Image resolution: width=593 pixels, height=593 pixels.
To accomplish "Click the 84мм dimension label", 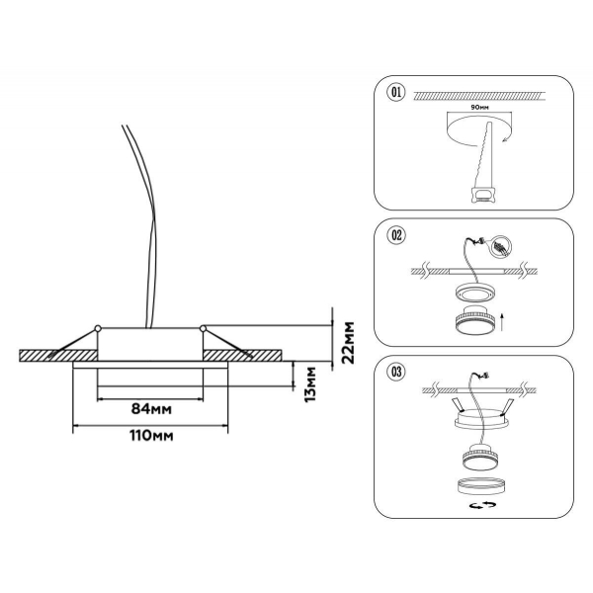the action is click(151, 409).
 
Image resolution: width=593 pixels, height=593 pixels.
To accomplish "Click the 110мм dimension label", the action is click(151, 436).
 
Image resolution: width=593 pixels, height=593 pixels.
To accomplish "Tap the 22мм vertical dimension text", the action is click(348, 343).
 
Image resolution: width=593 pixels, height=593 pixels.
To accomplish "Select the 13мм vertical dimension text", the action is click(310, 384).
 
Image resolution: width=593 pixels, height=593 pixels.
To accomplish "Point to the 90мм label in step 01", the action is click(479, 108).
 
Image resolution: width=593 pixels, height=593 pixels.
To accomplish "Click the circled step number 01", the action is click(396, 92).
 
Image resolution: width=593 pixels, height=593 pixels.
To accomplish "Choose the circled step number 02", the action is click(396, 235).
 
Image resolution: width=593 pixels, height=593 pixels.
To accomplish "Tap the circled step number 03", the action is click(396, 372).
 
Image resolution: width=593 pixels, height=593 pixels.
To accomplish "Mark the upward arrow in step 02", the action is click(502, 321).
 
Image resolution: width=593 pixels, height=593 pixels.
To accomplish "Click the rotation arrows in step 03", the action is click(482, 505).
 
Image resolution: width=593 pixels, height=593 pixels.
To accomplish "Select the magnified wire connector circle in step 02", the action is click(500, 247).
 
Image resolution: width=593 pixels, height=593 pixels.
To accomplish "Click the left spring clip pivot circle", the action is click(98, 328).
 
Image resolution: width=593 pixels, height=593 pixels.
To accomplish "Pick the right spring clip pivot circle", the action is click(203, 328).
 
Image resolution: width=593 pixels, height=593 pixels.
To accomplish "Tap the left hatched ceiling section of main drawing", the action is click(58, 356).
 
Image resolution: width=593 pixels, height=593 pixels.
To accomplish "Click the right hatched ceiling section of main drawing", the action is click(242, 356).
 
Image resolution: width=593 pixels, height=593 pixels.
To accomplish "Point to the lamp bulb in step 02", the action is click(474, 319).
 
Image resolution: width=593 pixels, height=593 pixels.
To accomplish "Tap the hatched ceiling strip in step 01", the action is click(479, 96).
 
